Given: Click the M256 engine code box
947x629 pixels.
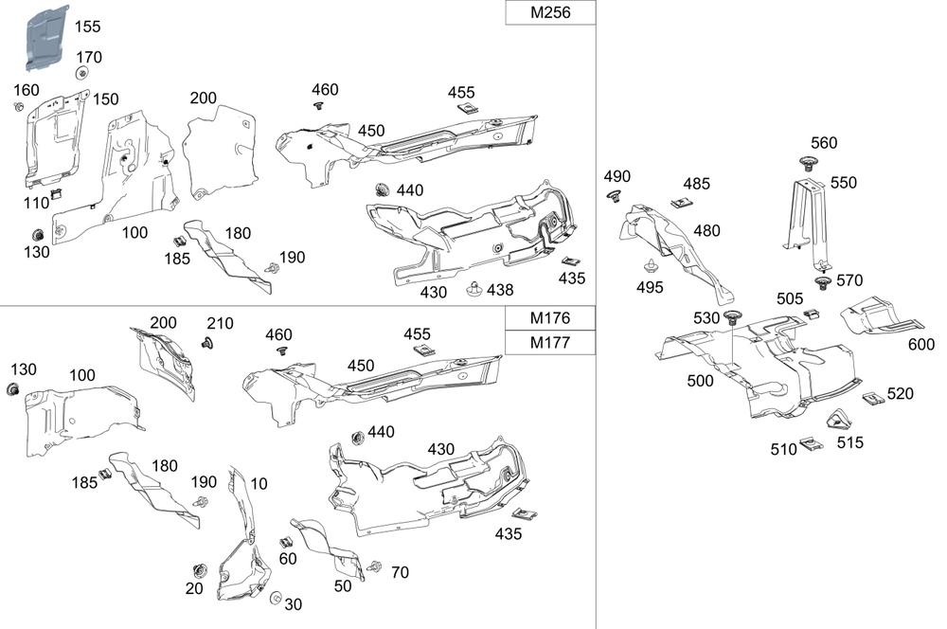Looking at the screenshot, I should pyautogui.click(x=550, y=12).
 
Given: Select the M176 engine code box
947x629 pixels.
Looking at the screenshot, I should pyautogui.click(x=550, y=317).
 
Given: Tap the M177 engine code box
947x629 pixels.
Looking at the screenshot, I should pyautogui.click(x=550, y=342).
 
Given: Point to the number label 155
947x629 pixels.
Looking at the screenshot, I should pyautogui.click(x=87, y=27).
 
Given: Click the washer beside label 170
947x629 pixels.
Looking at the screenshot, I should pyautogui.click(x=81, y=74).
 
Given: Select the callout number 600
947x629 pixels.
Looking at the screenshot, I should pyautogui.click(x=920, y=345).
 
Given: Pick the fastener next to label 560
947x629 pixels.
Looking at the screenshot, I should pyautogui.click(x=807, y=164).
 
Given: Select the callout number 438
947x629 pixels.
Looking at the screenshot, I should pyautogui.click(x=500, y=290).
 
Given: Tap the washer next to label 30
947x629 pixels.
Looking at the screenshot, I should pyautogui.click(x=274, y=599).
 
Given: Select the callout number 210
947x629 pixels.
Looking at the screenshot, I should pyautogui.click(x=220, y=324).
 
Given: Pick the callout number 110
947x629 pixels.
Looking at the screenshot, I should pyautogui.click(x=36, y=203).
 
